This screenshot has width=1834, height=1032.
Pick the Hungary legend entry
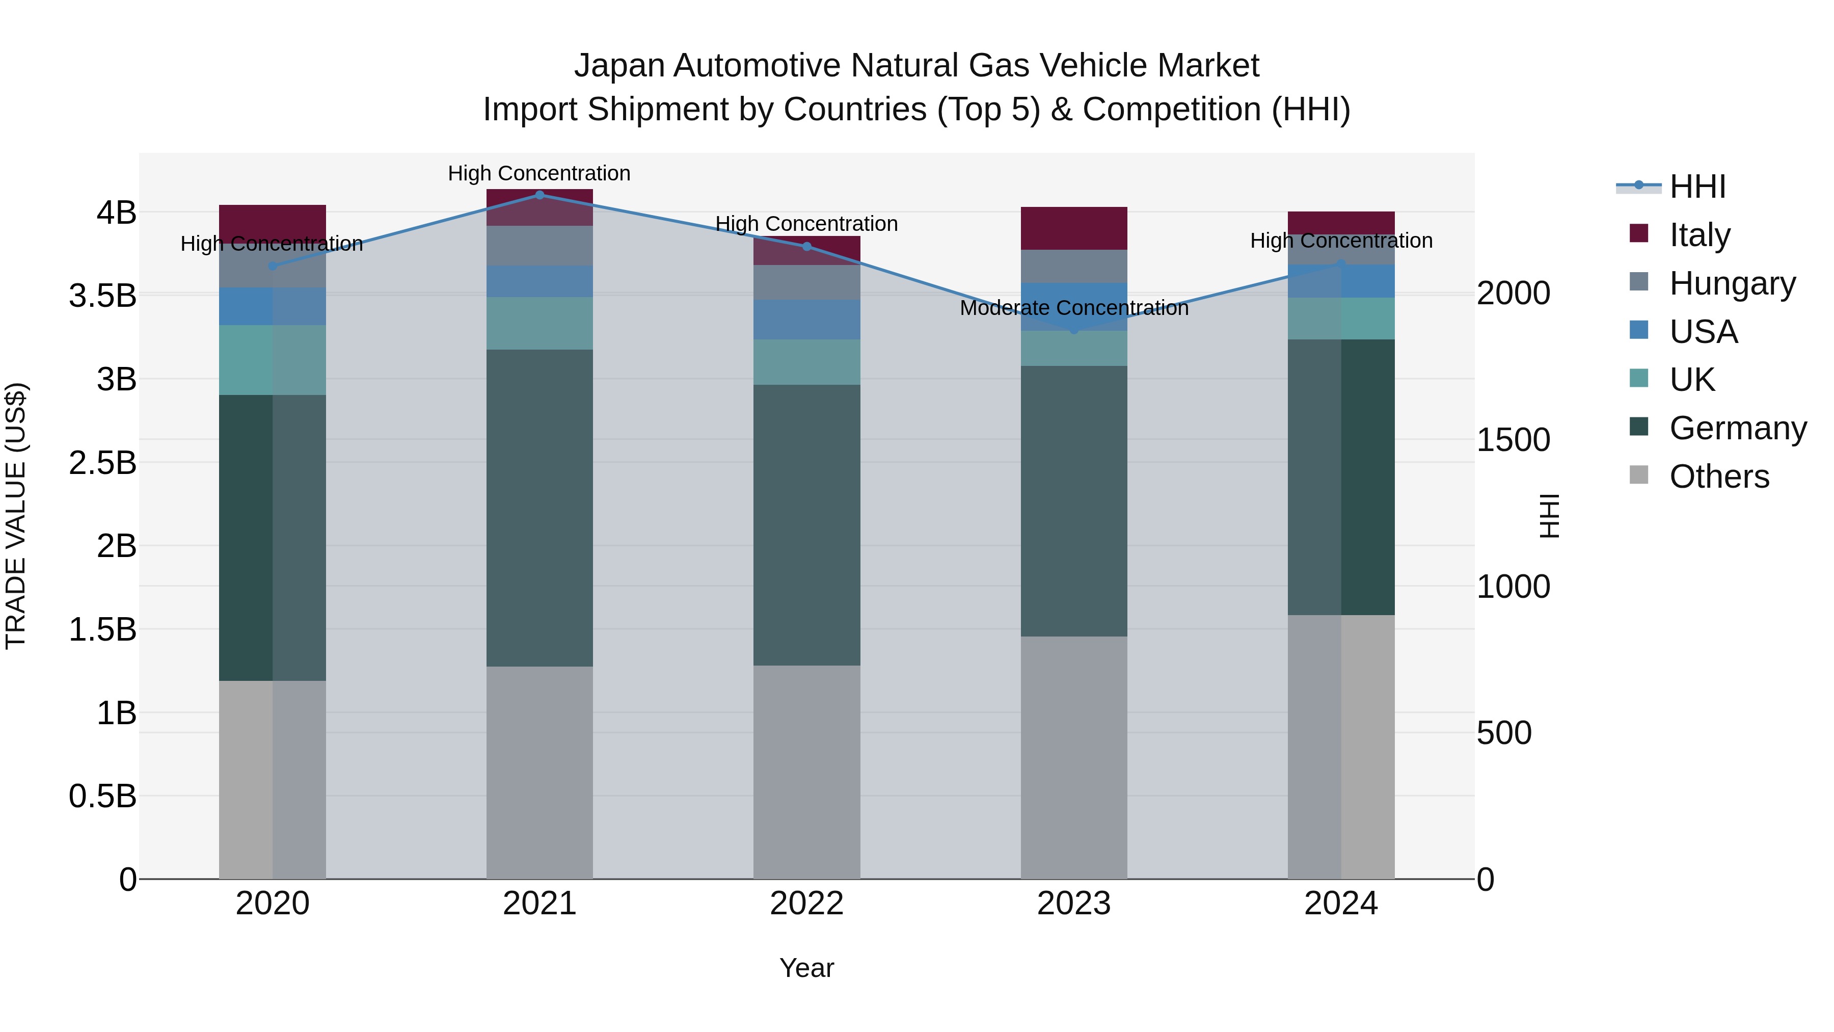click(1732, 283)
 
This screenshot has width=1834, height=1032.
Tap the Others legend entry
click(1719, 477)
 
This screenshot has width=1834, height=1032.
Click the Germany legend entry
click(1737, 428)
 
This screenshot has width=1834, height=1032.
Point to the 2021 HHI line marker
click(540, 195)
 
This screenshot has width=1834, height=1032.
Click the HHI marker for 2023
click(1074, 330)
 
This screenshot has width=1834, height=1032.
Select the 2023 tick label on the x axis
click(1073, 904)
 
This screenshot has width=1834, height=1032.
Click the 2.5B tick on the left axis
click(102, 463)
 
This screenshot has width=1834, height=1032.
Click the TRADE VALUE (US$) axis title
click(16, 516)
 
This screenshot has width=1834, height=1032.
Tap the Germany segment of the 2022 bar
click(806, 525)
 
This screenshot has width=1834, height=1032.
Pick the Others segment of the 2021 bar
click(540, 772)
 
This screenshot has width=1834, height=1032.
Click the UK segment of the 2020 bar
click(272, 360)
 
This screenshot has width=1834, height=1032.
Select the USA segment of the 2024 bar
click(1341, 281)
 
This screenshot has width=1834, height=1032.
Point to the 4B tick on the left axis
click(116, 212)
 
